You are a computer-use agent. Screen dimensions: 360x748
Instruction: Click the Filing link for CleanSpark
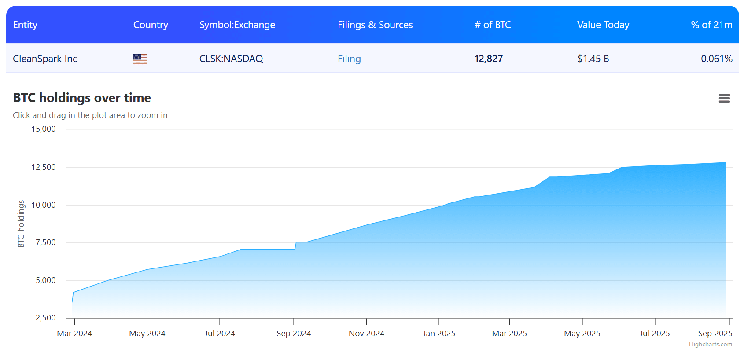pyautogui.click(x=349, y=59)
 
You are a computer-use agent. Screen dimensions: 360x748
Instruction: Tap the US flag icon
pyautogui.click(x=140, y=59)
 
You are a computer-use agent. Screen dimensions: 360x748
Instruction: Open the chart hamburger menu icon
pyautogui.click(x=724, y=98)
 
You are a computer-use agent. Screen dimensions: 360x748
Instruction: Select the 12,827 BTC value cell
pyautogui.click(x=488, y=59)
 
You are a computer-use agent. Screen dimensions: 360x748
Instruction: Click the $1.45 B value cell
pyautogui.click(x=593, y=59)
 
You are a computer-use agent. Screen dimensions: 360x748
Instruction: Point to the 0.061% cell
pyautogui.click(x=716, y=59)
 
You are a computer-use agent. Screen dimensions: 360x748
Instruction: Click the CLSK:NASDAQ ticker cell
pyautogui.click(x=231, y=59)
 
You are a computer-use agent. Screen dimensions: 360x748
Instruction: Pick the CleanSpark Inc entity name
pyautogui.click(x=45, y=59)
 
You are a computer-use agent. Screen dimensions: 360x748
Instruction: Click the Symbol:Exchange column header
pyautogui.click(x=237, y=25)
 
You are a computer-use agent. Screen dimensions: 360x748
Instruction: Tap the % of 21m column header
pyautogui.click(x=711, y=25)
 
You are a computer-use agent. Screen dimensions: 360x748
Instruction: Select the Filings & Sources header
pyautogui.click(x=375, y=25)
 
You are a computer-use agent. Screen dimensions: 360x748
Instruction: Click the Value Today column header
pyautogui.click(x=603, y=25)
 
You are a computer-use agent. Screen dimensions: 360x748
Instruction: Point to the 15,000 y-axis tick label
pyautogui.click(x=44, y=129)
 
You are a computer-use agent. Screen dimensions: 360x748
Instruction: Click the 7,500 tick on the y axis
pyautogui.click(x=46, y=242)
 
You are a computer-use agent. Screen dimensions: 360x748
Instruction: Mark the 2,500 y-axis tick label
pyautogui.click(x=46, y=318)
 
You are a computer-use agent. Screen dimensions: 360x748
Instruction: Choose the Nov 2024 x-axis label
pyautogui.click(x=366, y=334)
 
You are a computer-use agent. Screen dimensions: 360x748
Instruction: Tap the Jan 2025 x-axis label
pyautogui.click(x=439, y=334)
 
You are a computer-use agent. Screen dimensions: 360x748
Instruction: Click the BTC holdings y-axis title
pyautogui.click(x=21, y=224)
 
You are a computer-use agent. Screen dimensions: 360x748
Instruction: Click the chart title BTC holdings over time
pyautogui.click(x=82, y=98)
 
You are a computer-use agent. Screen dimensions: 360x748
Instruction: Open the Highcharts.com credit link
pyautogui.click(x=710, y=345)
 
